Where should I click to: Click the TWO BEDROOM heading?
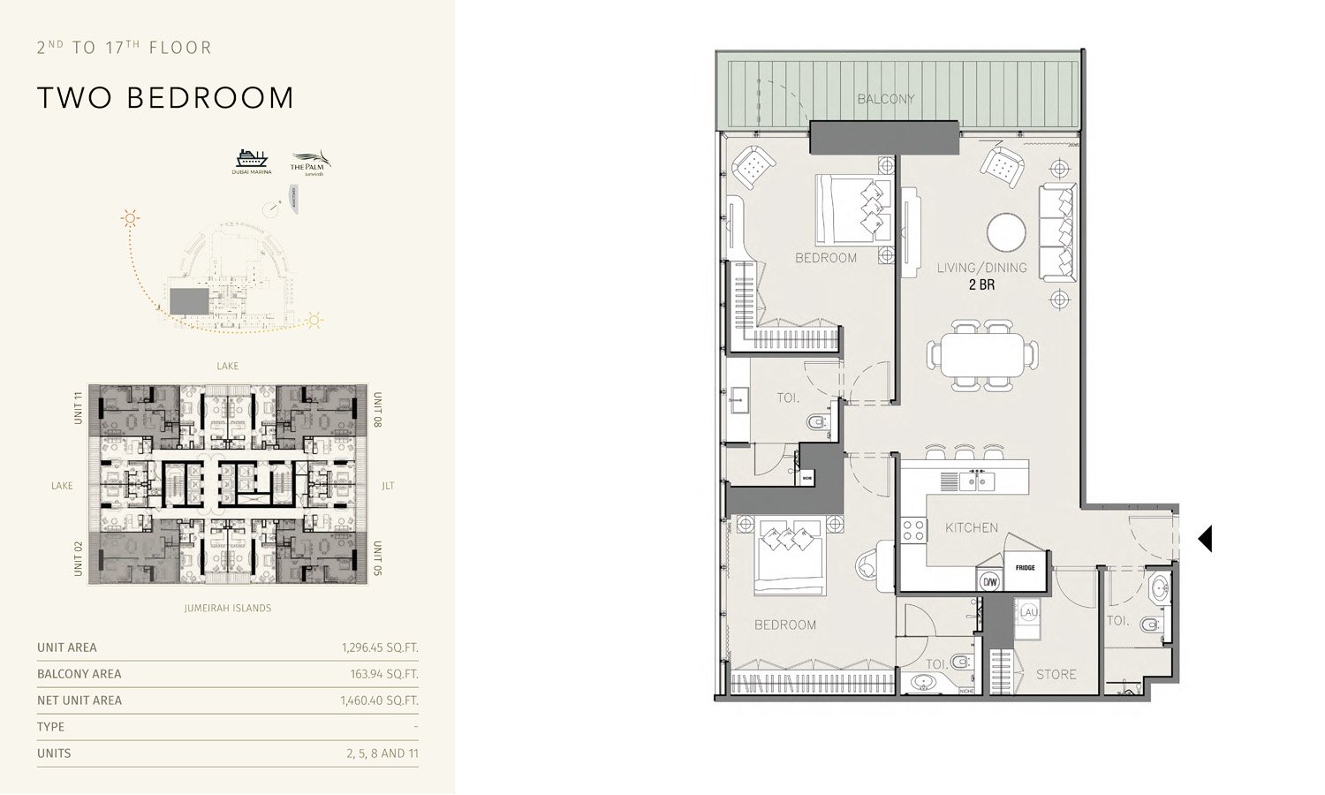click(165, 98)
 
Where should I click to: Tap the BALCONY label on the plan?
click(886, 99)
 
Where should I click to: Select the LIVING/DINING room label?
click(981, 268)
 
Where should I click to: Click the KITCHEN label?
click(972, 527)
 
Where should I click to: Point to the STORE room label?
click(1056, 674)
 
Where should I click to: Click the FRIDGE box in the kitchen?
click(1025, 567)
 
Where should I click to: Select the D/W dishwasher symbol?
click(989, 581)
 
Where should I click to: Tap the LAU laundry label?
click(1028, 611)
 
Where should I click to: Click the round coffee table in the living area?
click(1007, 233)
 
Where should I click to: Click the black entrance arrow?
click(1205, 539)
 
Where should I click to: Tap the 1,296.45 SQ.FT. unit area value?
click(380, 647)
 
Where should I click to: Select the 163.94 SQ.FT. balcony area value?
click(384, 674)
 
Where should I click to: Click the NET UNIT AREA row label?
click(79, 700)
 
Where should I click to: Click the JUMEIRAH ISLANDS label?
click(228, 608)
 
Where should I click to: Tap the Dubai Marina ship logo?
click(252, 158)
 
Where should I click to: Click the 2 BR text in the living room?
click(981, 284)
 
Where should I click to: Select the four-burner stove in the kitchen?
click(912, 530)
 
